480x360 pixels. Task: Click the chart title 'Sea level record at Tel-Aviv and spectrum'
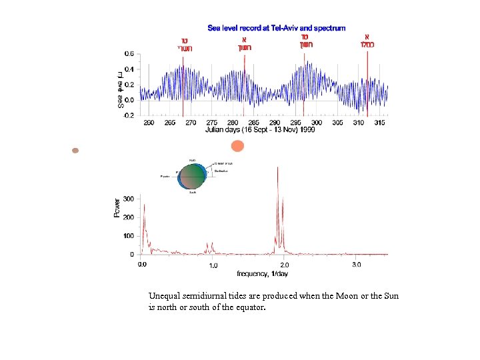pyautogui.click(x=277, y=28)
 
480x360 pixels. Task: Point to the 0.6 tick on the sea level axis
pyautogui.click(x=129, y=53)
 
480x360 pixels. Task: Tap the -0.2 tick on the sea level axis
pyautogui.click(x=129, y=115)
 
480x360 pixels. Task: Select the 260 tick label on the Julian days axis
pyautogui.click(x=149, y=123)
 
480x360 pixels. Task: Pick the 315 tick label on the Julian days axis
pyautogui.click(x=380, y=123)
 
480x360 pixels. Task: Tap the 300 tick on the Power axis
pyautogui.click(x=128, y=199)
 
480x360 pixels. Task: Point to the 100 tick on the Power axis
pyautogui.click(x=128, y=236)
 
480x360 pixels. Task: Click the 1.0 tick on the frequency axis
pyautogui.click(x=213, y=265)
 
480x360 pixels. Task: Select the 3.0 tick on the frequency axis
pyautogui.click(x=356, y=265)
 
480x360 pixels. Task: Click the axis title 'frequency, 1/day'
pyautogui.click(x=262, y=273)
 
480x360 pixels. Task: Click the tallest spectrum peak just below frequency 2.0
pyautogui.click(x=277, y=168)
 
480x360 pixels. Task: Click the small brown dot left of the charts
pyautogui.click(x=75, y=151)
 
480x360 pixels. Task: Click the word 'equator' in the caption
pyautogui.click(x=249, y=307)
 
